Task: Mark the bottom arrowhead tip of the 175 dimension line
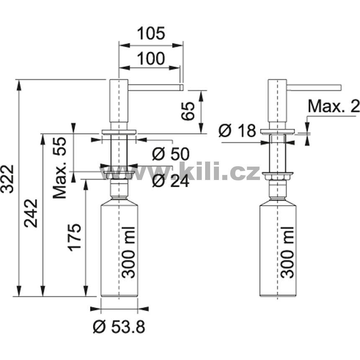(x=86, y=296)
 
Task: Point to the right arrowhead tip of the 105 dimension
(x=183, y=45)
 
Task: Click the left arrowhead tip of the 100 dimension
(x=119, y=68)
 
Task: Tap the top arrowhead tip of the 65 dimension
(x=201, y=91)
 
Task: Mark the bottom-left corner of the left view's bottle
(x=101, y=297)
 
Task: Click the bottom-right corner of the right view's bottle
(x=296, y=297)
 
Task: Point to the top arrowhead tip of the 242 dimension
(x=43, y=134)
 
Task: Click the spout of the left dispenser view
(x=155, y=87)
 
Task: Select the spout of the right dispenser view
(x=314, y=87)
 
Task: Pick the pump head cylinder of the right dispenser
(x=278, y=101)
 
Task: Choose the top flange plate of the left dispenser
(x=119, y=132)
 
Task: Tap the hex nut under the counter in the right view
(x=278, y=177)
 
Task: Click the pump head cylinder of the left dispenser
(x=119, y=101)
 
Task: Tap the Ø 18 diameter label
(x=237, y=131)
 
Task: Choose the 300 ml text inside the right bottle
(x=287, y=252)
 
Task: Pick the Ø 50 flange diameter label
(x=171, y=154)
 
